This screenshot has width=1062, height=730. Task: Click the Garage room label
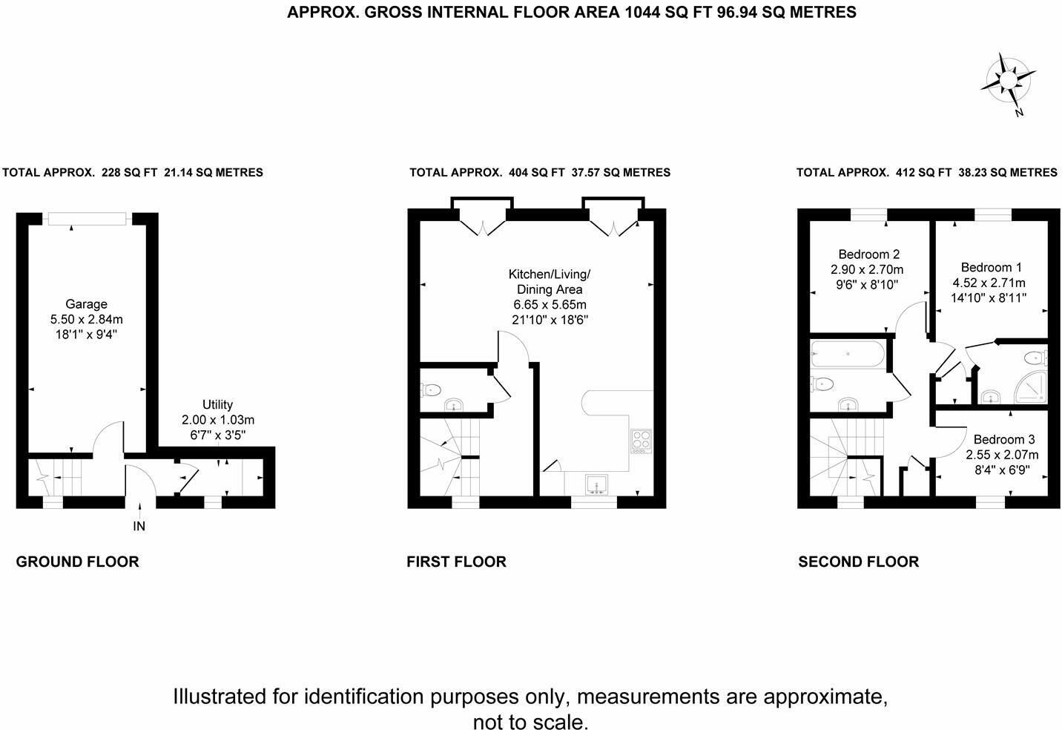pyautogui.click(x=86, y=304)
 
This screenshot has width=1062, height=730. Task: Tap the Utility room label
pyautogui.click(x=217, y=404)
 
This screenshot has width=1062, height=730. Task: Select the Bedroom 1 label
pyautogui.click(x=991, y=268)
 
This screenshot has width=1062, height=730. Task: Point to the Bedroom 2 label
pyautogui.click(x=868, y=254)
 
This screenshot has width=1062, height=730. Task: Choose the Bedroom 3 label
pyautogui.click(x=1004, y=439)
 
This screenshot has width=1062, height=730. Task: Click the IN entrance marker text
pyautogui.click(x=139, y=526)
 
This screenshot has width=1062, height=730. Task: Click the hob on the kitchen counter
pyautogui.click(x=641, y=441)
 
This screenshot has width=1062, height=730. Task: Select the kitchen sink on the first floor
pyautogui.click(x=596, y=484)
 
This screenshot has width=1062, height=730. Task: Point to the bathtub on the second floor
pyautogui.click(x=847, y=354)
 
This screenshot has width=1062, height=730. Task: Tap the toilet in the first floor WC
pyautogui.click(x=431, y=390)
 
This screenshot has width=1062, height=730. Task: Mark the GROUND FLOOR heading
pyautogui.click(x=77, y=562)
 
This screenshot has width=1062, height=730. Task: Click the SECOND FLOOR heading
pyautogui.click(x=859, y=562)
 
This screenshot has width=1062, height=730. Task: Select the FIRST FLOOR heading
pyautogui.click(x=457, y=562)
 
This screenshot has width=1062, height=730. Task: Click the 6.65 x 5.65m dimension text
pyautogui.click(x=550, y=304)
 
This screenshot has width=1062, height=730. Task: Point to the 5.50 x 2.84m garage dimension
pyautogui.click(x=87, y=319)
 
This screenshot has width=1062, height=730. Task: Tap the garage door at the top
pyautogui.click(x=87, y=219)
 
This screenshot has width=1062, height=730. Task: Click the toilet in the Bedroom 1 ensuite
pyautogui.click(x=1035, y=358)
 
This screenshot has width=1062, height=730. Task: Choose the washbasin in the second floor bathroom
pyautogui.click(x=848, y=404)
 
